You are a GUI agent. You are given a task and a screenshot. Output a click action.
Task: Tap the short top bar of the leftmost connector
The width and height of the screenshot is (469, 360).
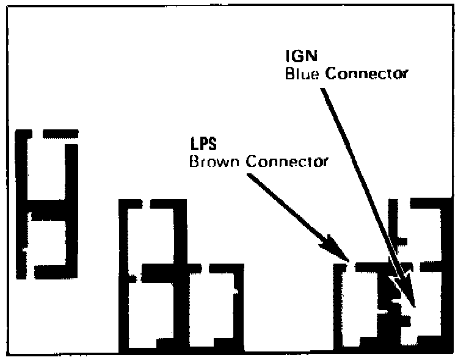61,133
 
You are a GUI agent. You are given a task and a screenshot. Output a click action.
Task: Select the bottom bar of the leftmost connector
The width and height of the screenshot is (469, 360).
55,272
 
